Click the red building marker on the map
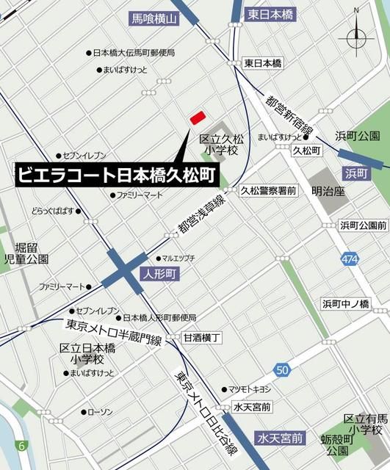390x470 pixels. click(197, 117)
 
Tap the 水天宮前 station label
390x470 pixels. click(280, 438)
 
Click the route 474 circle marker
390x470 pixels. click(350, 260)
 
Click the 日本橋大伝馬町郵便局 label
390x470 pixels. click(134, 53)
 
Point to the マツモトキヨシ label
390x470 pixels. click(250, 388)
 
